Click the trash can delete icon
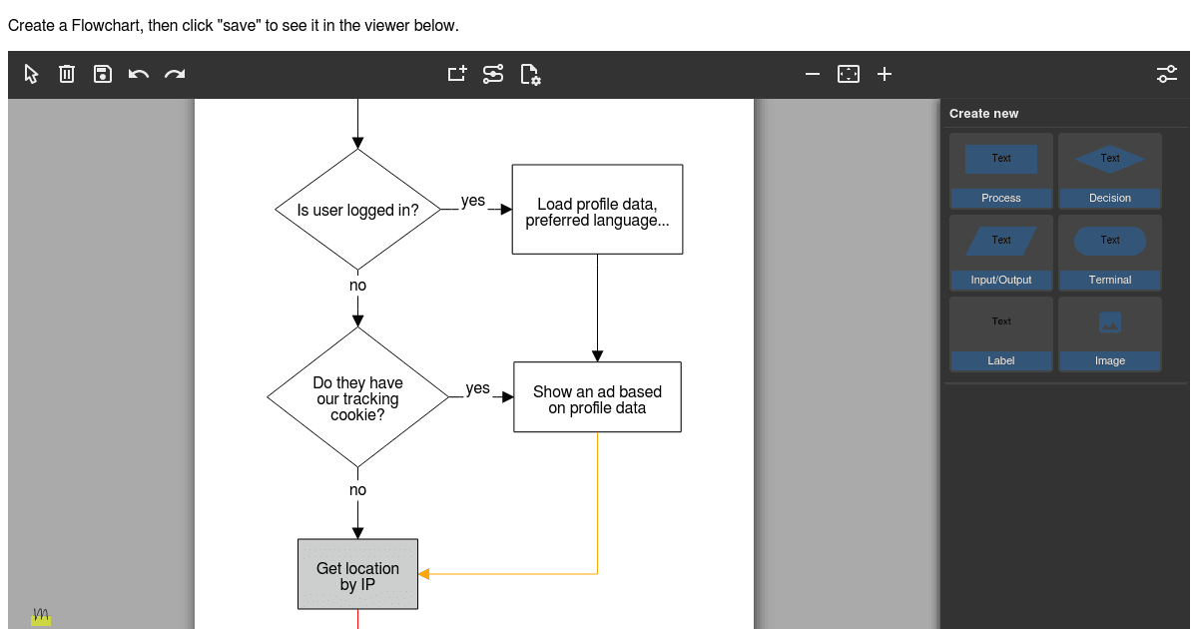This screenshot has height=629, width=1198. pyautogui.click(x=67, y=74)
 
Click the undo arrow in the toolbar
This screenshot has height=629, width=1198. pyautogui.click(x=139, y=74)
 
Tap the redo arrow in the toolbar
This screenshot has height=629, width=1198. pyautogui.click(x=175, y=74)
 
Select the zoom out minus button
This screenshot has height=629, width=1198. pyautogui.click(x=813, y=74)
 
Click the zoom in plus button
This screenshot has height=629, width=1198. pyautogui.click(x=885, y=74)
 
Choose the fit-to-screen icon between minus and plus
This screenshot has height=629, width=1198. pyautogui.click(x=849, y=74)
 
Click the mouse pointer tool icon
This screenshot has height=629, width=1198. pyautogui.click(x=31, y=74)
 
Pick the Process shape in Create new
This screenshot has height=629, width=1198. pyautogui.click(x=1000, y=171)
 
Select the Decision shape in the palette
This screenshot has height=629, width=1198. pyautogui.click(x=1110, y=171)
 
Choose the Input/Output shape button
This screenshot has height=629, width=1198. pyautogui.click(x=1000, y=253)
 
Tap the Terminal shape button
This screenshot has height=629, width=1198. pyautogui.click(x=1110, y=253)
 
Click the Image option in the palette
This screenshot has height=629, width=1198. pyautogui.click(x=1110, y=334)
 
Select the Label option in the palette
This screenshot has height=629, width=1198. pyautogui.click(x=1000, y=334)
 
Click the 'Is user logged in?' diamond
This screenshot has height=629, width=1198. pyautogui.click(x=357, y=210)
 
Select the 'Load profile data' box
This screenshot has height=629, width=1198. pyautogui.click(x=597, y=209)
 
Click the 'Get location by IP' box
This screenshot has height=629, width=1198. pyautogui.click(x=357, y=574)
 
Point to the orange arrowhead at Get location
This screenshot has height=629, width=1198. pyautogui.click(x=423, y=574)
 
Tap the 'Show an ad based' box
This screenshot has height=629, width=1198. pyautogui.click(x=597, y=397)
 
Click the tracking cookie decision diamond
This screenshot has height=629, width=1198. pyautogui.click(x=357, y=397)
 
